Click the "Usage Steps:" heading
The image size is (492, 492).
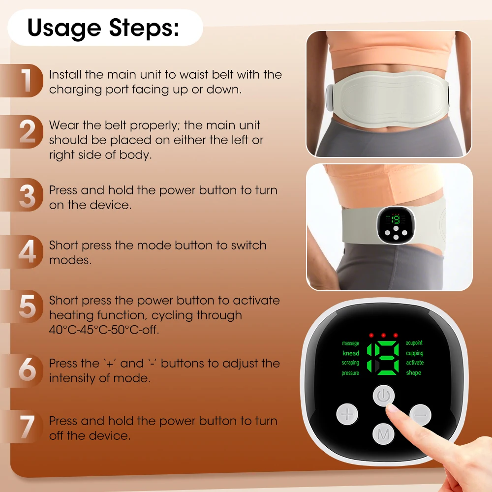(x=103, y=28)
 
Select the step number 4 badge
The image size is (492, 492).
(x=27, y=252)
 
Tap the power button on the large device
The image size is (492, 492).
(x=384, y=396)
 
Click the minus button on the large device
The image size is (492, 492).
(x=420, y=415)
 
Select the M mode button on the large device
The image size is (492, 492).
(x=384, y=434)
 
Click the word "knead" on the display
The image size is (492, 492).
(x=351, y=353)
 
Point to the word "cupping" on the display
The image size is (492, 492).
(x=414, y=353)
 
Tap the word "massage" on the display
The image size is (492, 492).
(x=350, y=343)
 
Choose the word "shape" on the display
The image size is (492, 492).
(x=413, y=373)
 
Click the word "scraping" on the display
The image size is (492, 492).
(x=350, y=363)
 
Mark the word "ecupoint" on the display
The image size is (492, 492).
(x=414, y=343)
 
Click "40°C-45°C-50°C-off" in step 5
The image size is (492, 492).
(x=104, y=330)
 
